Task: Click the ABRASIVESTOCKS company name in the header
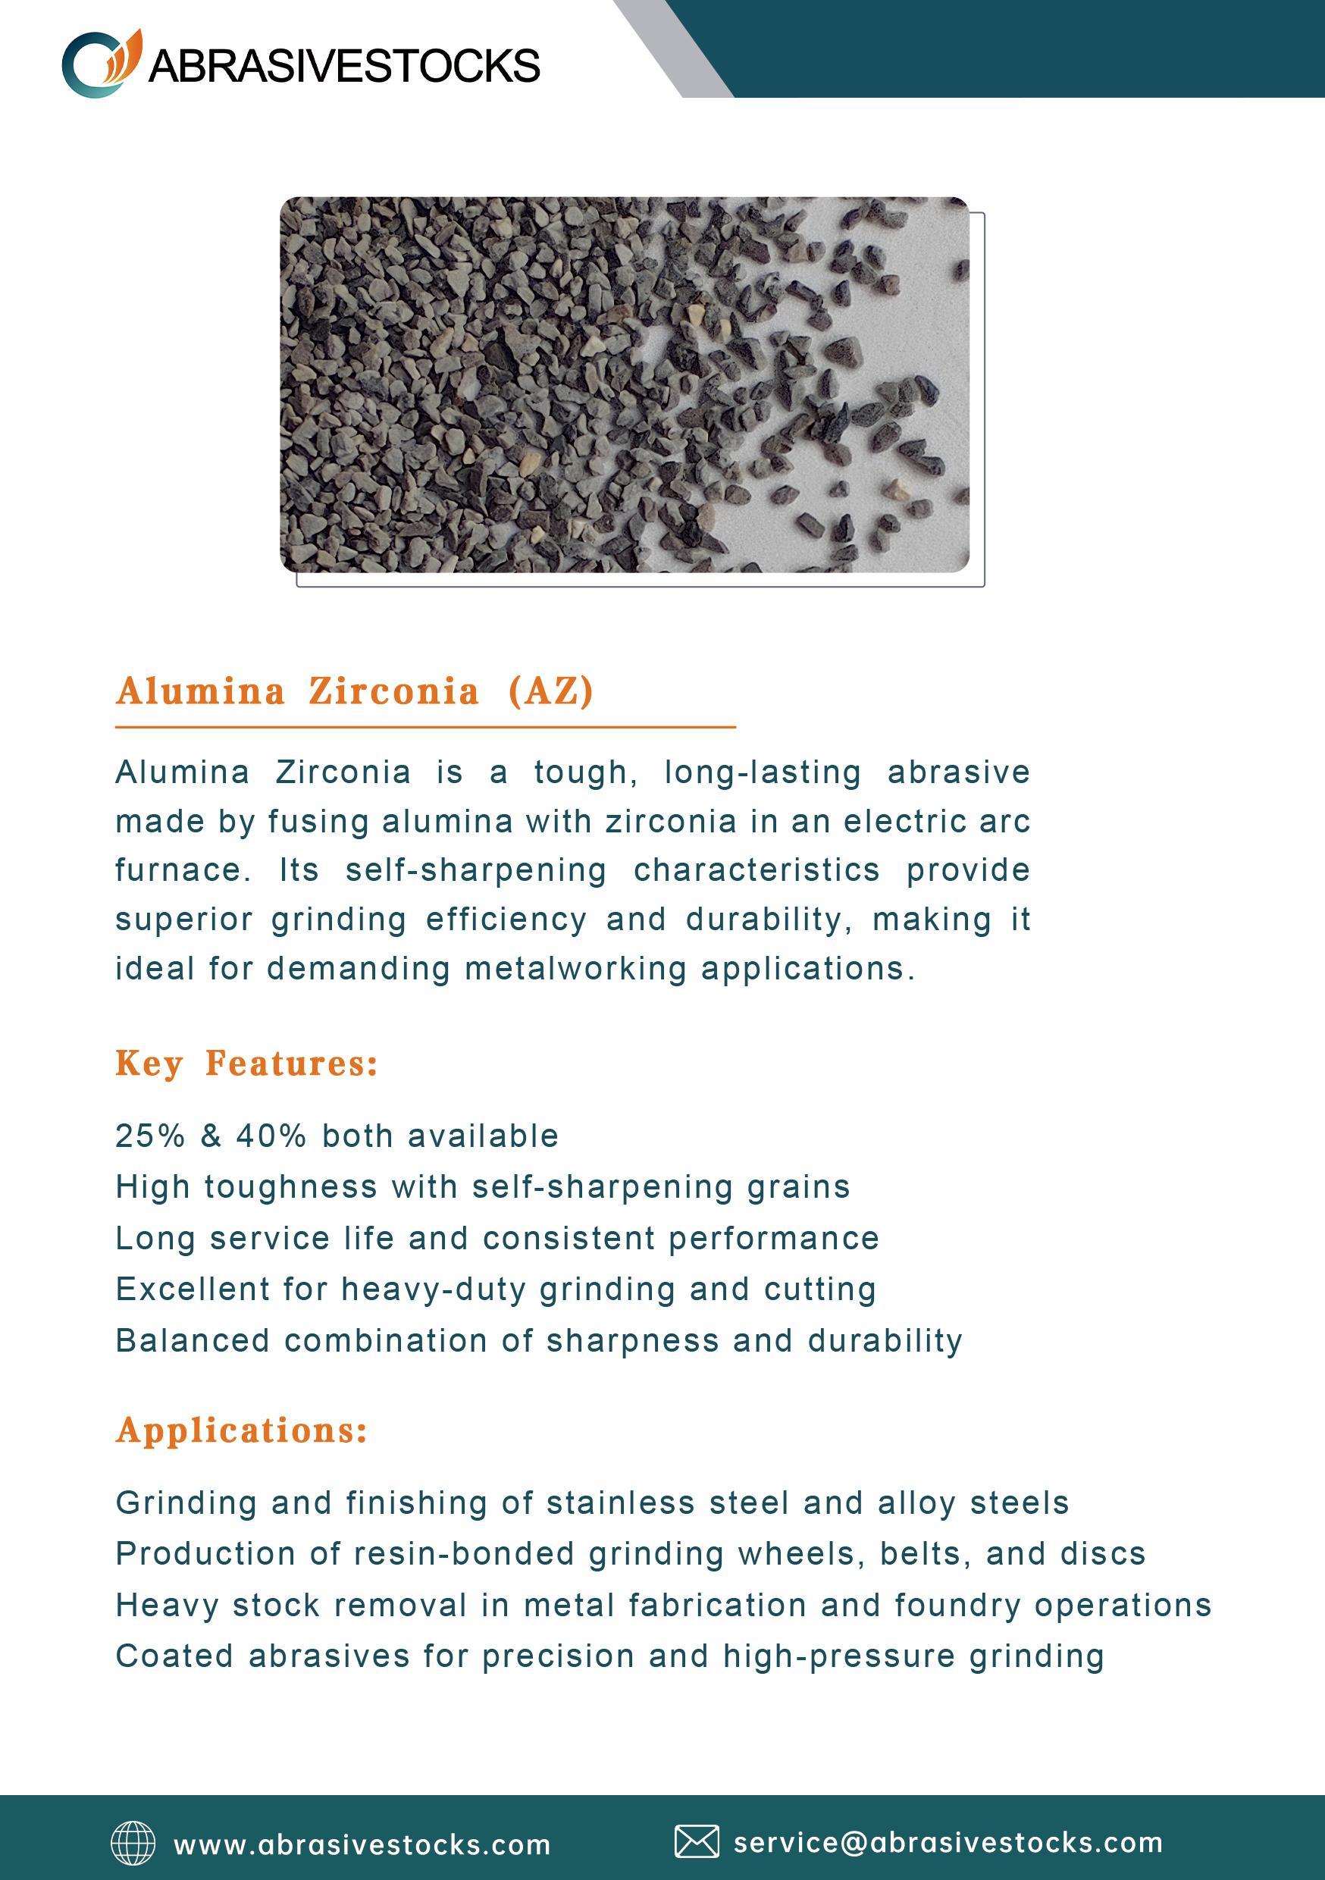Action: click(x=344, y=65)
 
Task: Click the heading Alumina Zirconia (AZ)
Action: click(x=355, y=691)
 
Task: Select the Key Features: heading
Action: click(x=246, y=1063)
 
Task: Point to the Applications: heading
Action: click(x=242, y=1430)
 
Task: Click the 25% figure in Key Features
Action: click(x=150, y=1136)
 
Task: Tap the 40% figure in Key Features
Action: click(x=271, y=1136)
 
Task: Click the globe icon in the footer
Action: click(x=133, y=1843)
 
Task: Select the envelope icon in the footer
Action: click(x=696, y=1841)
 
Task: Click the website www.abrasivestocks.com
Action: click(x=362, y=1845)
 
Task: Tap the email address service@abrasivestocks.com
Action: click(x=948, y=1842)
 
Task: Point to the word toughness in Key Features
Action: click(x=291, y=1186)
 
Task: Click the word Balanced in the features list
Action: click(x=193, y=1340)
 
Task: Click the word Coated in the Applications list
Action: click(x=174, y=1656)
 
